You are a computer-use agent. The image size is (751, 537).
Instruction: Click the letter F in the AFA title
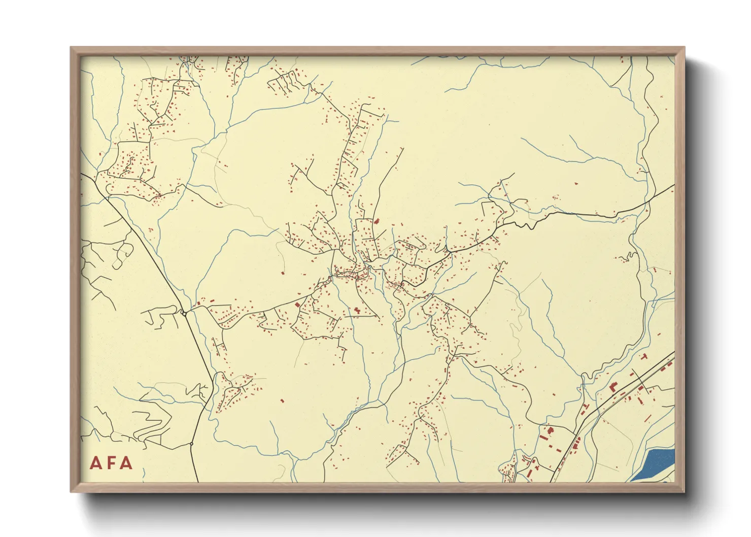[x=111, y=463]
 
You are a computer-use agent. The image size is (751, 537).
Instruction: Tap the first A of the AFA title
[x=95, y=463]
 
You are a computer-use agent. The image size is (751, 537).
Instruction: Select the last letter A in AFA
[x=126, y=463]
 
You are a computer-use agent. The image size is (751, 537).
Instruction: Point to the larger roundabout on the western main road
[x=185, y=313]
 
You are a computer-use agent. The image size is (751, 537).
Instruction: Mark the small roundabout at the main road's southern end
[x=191, y=444]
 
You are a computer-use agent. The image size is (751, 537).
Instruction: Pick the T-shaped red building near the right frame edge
[x=644, y=357]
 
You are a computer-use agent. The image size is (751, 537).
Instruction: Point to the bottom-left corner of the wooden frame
[x=72, y=491]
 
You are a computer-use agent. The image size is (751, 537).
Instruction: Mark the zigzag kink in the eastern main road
[x=528, y=223]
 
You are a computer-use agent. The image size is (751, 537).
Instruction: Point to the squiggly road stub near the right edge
[x=629, y=256]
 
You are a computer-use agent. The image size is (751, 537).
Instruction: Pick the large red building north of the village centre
[x=377, y=221]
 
